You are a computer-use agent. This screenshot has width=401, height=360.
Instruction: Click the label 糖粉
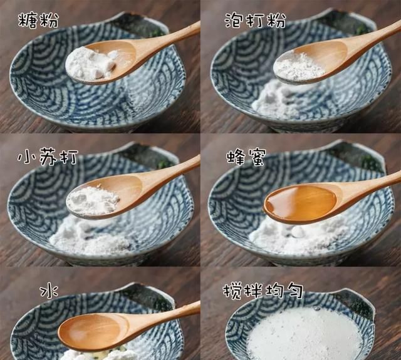[38, 20]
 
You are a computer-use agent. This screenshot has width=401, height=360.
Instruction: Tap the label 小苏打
[47, 158]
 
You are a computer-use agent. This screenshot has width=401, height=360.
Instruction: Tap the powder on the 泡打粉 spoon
[299, 65]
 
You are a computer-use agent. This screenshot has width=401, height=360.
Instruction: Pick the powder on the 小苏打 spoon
[93, 200]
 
